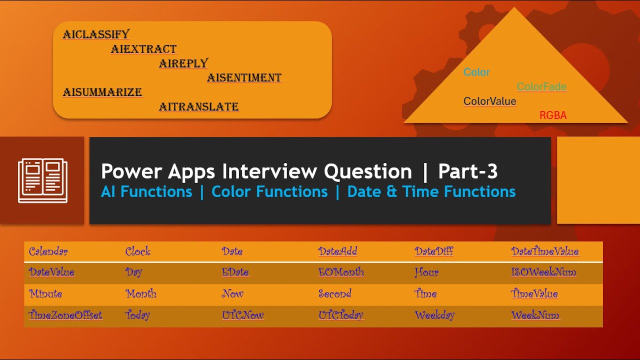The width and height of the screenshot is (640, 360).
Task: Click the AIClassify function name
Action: coord(96,34)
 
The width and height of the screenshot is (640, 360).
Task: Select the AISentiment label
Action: coord(244,77)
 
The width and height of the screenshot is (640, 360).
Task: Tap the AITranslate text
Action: coord(198,106)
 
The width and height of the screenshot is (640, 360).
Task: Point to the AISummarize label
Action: coord(102,92)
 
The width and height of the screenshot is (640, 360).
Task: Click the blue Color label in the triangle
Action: coord(476,72)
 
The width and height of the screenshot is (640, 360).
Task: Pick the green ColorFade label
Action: coord(541,86)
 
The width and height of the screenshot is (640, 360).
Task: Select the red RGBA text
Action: coord(552,115)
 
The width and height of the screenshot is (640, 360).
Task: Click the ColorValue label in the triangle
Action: coord(489,101)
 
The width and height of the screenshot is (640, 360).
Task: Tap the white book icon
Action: coord(42,180)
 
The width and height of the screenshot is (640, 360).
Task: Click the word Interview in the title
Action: coord(269,171)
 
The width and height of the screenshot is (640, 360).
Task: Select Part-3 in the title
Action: coord(467,171)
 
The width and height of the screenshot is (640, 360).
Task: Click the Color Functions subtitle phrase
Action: coord(269,191)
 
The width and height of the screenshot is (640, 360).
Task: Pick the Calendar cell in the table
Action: coord(48,251)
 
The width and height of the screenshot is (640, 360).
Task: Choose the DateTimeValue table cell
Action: coord(544,251)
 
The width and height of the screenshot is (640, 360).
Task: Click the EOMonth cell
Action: coord(341,272)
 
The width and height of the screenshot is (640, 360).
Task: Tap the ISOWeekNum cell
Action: coord(543,272)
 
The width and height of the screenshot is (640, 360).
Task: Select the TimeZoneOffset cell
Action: coord(65,315)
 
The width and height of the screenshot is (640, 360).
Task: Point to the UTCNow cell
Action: coord(242,315)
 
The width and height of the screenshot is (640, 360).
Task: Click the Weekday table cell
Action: coord(434,315)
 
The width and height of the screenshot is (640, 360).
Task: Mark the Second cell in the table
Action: coord(334,294)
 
